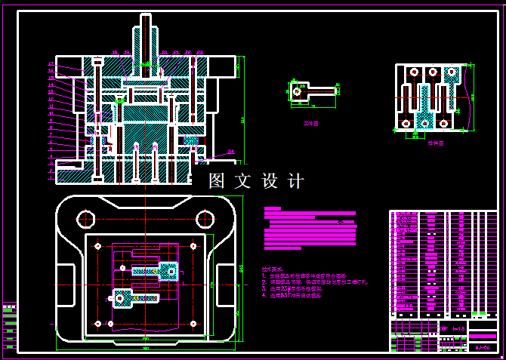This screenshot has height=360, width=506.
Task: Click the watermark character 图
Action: pos(218,181)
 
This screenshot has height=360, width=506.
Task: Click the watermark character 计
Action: pos(296,181)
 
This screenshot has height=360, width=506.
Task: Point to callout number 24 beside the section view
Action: pos(231,152)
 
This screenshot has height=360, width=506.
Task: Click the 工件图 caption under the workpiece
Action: pos(310,122)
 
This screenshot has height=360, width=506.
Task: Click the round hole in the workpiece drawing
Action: pos(296,92)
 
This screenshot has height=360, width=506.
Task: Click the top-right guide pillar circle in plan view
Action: pos(205,220)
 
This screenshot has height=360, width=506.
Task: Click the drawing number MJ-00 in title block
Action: pos(482,347)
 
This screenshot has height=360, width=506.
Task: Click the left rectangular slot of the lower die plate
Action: pos(66,286)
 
